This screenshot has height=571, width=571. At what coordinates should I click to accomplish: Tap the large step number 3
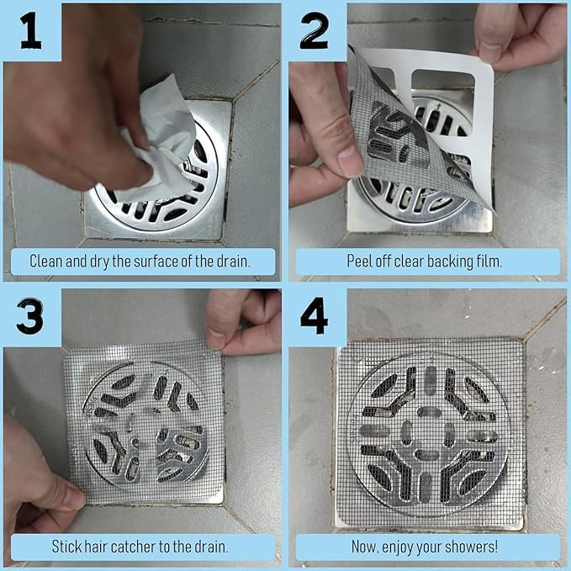click(x=30, y=316)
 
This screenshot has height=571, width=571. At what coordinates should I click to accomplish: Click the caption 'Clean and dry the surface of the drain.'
click(x=140, y=261)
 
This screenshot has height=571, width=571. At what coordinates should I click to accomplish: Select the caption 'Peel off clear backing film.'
click(x=424, y=261)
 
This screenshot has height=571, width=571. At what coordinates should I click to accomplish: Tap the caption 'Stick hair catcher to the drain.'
click(x=140, y=547)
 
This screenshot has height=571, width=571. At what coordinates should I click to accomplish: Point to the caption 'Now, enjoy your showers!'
click(x=424, y=547)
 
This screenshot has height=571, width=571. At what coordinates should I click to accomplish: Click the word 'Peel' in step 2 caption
click(x=359, y=261)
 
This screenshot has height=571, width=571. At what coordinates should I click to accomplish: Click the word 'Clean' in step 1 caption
click(x=46, y=261)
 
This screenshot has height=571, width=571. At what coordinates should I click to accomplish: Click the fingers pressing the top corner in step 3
click(x=244, y=324)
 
